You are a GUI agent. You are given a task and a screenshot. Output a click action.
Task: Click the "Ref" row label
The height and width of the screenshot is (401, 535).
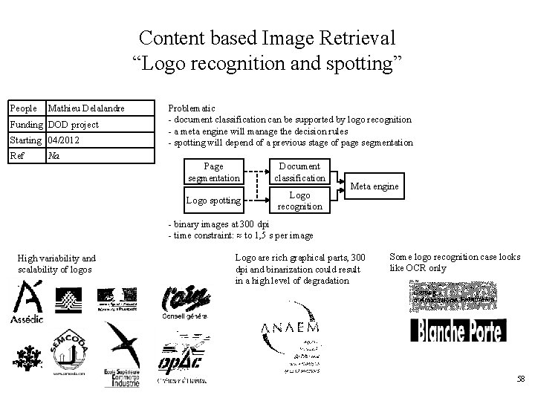[17, 156]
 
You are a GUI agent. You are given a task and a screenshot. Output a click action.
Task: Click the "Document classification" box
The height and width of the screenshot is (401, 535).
[299, 172]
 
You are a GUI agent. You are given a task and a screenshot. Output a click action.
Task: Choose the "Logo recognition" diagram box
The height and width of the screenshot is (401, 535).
[299, 200]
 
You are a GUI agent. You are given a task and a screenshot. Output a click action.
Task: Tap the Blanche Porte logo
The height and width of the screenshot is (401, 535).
[456, 330]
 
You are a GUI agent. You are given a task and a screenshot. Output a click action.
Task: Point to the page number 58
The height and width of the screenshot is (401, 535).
[519, 379]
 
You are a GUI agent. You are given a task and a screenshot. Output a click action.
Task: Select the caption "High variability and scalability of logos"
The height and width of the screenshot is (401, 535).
[56, 264]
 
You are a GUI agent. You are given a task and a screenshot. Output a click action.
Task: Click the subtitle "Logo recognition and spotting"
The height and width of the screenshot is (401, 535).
[267, 62]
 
